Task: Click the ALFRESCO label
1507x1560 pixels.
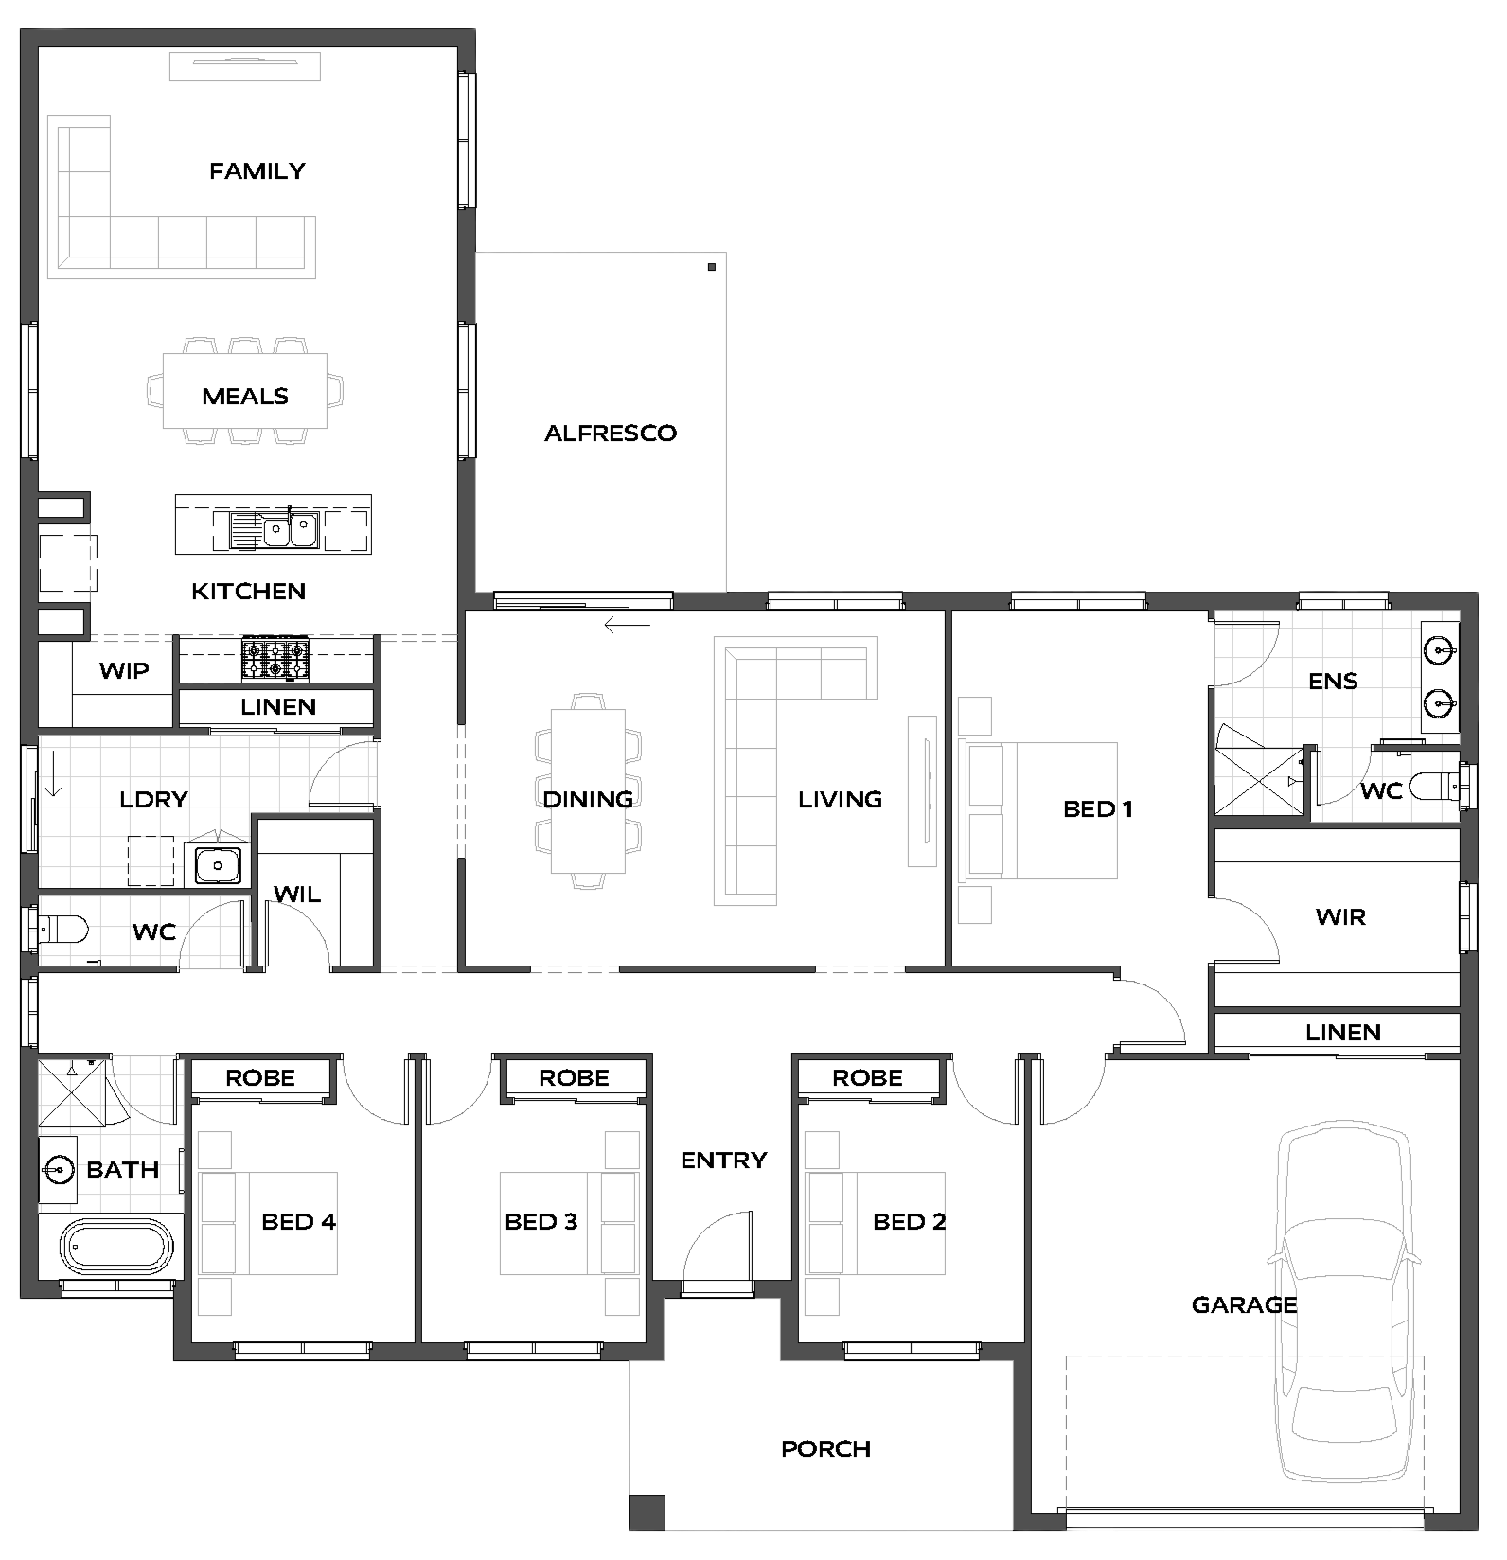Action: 611,434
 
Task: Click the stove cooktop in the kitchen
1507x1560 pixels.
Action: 275,659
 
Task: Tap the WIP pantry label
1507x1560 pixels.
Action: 124,671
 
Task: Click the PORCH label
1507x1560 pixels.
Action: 826,1448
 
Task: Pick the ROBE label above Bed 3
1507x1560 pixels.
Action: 574,1078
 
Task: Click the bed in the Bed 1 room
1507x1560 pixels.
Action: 1039,810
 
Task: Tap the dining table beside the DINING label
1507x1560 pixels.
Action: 588,790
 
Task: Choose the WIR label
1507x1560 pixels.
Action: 1340,916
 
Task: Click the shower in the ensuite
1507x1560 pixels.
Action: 1260,779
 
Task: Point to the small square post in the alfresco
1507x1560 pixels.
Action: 712,268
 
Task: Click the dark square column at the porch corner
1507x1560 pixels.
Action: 647,1512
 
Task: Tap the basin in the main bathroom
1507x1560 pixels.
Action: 59,1171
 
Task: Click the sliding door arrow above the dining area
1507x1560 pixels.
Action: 628,626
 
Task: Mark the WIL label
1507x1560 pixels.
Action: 297,895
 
